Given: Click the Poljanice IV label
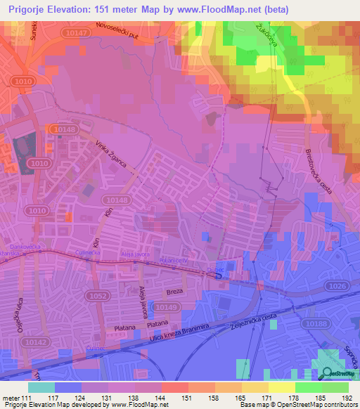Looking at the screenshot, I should [174, 261].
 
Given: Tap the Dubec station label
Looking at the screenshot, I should [214, 267].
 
